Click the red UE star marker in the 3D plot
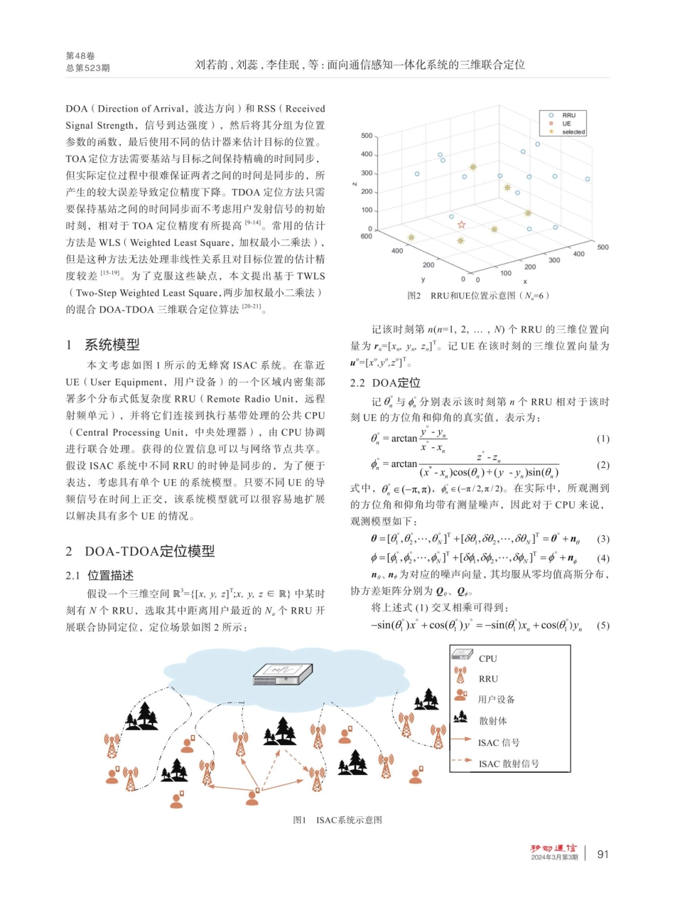coord(461,225)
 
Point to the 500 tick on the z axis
coord(366,135)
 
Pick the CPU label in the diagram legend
coord(488,658)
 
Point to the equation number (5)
coord(603,626)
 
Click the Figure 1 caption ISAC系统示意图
coord(337,820)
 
